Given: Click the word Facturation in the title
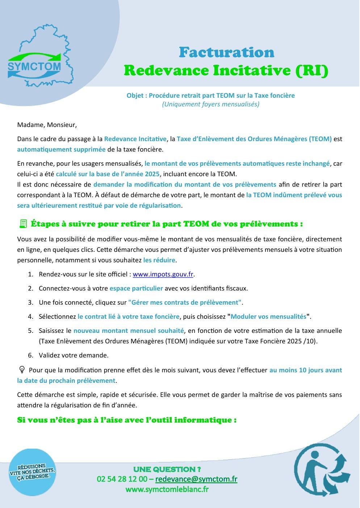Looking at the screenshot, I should tap(226, 52).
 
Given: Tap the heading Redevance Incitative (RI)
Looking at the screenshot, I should tap(226, 70).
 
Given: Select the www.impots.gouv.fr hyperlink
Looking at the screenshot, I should tap(163, 274).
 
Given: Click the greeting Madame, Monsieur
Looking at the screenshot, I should tap(47, 125).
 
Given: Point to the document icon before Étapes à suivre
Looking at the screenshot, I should tap(23, 224).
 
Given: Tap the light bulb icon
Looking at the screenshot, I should tap(22, 370).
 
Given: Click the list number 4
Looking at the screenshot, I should tap(30, 317).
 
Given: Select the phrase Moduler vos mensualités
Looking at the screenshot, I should tap(268, 317).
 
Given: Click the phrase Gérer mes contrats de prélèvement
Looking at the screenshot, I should tap(185, 302).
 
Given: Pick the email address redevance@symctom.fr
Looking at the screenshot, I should tap(196, 479).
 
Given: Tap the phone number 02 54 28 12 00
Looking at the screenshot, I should tap(122, 479).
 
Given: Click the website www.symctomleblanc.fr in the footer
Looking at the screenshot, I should tap(167, 490).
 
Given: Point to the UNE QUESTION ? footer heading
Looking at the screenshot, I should tap(167, 469).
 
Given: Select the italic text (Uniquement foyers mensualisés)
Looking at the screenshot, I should tap(210, 104).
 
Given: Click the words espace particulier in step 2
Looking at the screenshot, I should tap(136, 288).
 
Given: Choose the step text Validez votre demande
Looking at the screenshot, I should tap(74, 355).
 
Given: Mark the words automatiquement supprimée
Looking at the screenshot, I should tap(61, 149).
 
